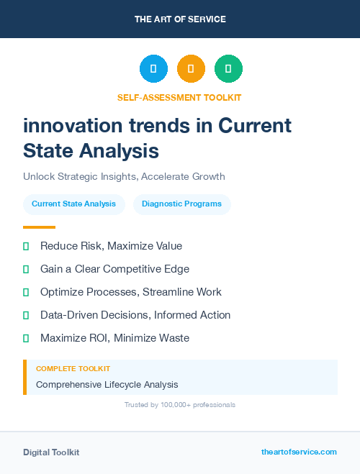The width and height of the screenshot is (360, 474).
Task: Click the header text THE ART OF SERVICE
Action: (180, 19)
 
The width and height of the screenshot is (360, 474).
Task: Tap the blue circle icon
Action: (153, 69)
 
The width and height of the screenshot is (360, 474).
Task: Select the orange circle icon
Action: (191, 69)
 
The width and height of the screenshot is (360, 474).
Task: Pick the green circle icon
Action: (228, 69)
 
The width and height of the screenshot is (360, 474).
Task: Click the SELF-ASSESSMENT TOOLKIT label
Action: (179, 97)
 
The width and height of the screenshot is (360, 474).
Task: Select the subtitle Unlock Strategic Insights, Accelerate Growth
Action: (124, 176)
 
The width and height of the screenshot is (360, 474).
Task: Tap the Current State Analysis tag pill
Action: (73, 204)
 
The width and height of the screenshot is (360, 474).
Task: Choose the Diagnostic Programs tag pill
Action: (181, 204)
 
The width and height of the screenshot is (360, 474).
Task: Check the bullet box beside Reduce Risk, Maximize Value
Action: (26, 246)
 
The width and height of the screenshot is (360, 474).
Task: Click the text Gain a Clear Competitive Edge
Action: (114, 269)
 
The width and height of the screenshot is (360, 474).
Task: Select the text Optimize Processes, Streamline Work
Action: (130, 292)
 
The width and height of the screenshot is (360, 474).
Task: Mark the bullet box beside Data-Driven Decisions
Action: (26, 315)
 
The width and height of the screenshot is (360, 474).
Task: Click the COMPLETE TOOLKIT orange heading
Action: (73, 369)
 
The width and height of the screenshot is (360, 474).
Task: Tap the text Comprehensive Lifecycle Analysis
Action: (107, 385)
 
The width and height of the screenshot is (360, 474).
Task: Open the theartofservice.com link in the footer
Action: (299, 452)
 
